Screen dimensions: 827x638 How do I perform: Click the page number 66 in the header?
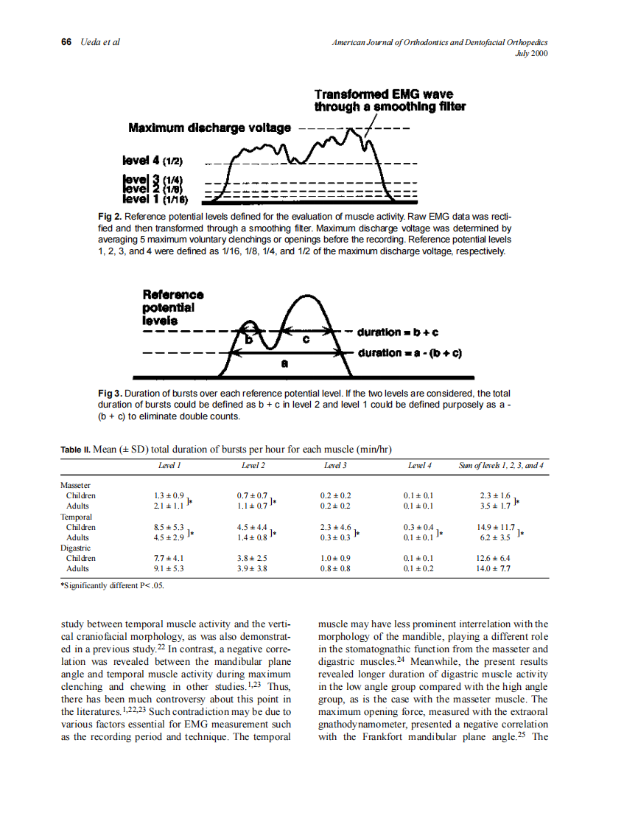coord(65,41)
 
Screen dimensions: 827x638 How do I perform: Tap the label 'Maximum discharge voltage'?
coord(210,128)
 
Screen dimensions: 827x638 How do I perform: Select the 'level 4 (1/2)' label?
coord(153,160)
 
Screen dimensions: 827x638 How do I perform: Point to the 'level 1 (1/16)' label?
coord(155,198)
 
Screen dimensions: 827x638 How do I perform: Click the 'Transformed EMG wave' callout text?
coord(384,94)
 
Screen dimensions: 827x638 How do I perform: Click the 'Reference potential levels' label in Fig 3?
coord(172,307)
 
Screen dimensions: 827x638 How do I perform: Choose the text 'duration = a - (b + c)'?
coord(409,353)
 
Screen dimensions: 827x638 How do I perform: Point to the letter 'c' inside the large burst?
coord(306,341)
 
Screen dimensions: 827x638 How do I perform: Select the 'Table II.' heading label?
coord(76,449)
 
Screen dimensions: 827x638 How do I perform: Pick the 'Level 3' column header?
coord(336,466)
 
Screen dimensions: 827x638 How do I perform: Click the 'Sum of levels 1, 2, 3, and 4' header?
coord(500,466)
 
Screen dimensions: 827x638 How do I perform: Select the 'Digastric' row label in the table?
coord(74,548)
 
